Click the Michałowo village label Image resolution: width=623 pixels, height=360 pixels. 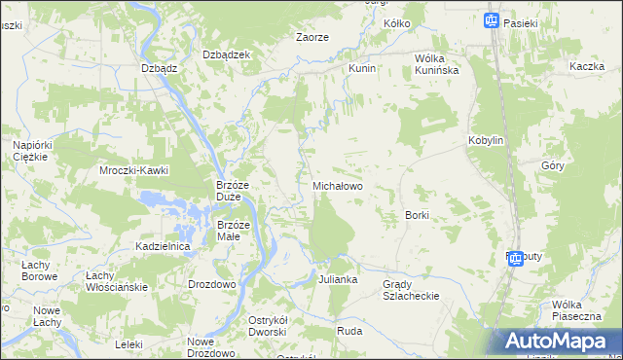click(337, 185)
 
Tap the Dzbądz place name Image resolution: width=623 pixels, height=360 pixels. click(159, 68)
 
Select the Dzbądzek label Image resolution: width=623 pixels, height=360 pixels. click(226, 54)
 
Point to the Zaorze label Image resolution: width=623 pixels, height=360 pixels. click(311, 37)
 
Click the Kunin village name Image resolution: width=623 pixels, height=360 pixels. click(362, 70)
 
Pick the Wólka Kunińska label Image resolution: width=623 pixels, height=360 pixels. click(436, 63)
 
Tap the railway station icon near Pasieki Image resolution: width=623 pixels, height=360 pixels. click(492, 19)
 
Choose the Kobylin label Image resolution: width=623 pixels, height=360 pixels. click(486, 140)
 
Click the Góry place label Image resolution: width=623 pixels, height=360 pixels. click(553, 165)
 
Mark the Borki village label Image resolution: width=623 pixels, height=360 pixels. click(417, 214)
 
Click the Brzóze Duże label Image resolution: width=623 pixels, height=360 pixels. click(235, 190)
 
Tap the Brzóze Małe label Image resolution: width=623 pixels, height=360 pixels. click(234, 231)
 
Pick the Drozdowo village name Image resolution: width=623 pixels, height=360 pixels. click(212, 284)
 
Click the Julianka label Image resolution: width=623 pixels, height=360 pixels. click(338, 279)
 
